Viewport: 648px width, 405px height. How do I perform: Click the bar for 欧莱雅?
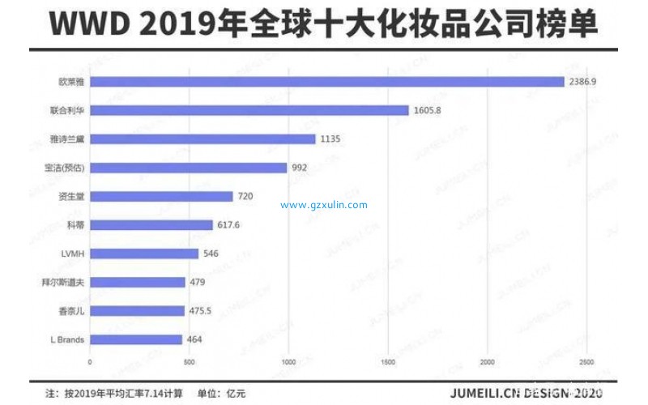tap(326, 82)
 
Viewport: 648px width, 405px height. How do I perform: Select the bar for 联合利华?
tap(249, 110)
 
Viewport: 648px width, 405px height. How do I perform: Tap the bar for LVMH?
tap(143, 254)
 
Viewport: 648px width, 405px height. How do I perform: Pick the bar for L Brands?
tap(135, 339)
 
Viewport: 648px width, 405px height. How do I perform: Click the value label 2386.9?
tap(582, 82)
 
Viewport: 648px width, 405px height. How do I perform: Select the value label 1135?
tap(330, 139)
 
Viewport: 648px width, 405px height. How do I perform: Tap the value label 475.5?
tap(200, 311)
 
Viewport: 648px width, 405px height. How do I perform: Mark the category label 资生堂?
tap(70, 197)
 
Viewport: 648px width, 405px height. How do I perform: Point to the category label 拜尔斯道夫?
tap(65, 283)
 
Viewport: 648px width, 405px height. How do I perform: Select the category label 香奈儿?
tap(70, 311)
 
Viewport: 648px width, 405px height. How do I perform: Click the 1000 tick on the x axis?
tap(288, 361)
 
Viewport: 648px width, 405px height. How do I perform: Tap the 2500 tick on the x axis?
tap(586, 361)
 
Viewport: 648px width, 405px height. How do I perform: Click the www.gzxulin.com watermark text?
tap(324, 205)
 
